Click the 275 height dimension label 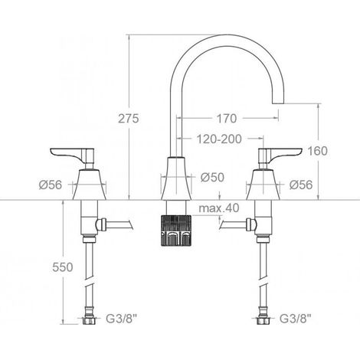pos(129,118)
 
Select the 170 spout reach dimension pos(227,118)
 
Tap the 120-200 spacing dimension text pos(219,139)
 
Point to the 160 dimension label pos(317,151)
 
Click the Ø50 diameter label pos(212,177)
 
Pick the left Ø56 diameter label pos(51,185)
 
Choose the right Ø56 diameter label pos(301,185)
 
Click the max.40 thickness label pos(219,208)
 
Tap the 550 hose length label pos(63,267)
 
